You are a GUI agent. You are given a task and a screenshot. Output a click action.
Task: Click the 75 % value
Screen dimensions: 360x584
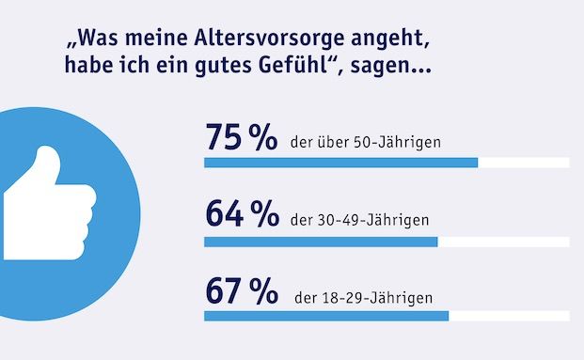tap(240, 138)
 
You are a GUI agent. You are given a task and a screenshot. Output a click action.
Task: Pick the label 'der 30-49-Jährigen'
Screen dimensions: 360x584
tap(359, 221)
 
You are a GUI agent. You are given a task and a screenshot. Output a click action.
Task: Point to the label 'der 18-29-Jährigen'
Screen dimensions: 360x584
tap(363, 299)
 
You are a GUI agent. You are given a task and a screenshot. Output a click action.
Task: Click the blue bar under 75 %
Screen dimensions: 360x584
tap(340, 163)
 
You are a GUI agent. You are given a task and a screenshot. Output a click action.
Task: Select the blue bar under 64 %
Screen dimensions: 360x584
tap(321, 241)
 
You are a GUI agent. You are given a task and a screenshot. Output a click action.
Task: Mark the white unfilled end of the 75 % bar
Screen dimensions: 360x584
tap(523, 163)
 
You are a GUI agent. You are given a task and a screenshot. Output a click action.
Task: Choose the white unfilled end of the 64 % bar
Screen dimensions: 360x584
tap(503, 241)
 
